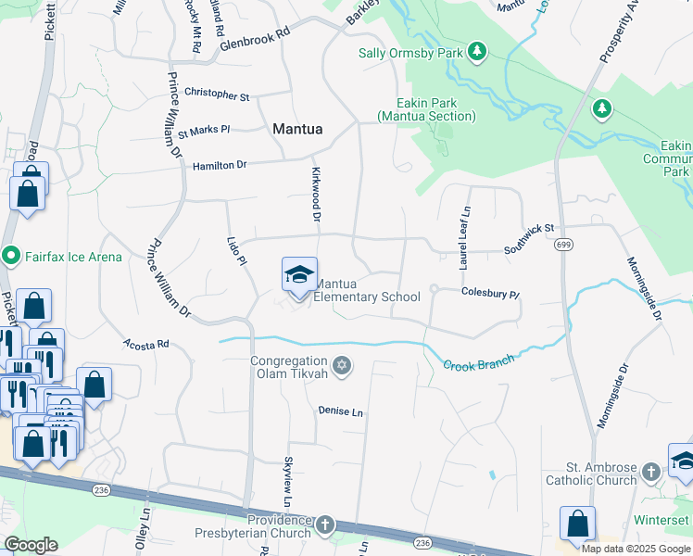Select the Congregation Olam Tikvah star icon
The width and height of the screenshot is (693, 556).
point(342,367)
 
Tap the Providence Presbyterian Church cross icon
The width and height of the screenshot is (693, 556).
point(324,526)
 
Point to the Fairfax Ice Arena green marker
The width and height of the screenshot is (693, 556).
point(11,255)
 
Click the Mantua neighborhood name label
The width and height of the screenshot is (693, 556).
point(297,130)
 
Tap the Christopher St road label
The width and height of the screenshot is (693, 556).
point(217,95)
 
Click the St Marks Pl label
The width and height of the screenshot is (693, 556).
point(204,132)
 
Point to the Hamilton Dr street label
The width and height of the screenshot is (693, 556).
point(220,165)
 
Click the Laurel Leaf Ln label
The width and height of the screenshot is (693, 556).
point(464,238)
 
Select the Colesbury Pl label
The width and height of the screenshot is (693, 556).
point(491,293)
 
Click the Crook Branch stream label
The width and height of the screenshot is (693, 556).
point(477,364)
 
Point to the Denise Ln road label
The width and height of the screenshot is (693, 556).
point(340,411)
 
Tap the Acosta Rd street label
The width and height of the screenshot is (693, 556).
point(147,344)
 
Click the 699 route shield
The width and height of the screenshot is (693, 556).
point(563,245)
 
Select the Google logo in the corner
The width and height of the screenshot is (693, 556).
point(31,545)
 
